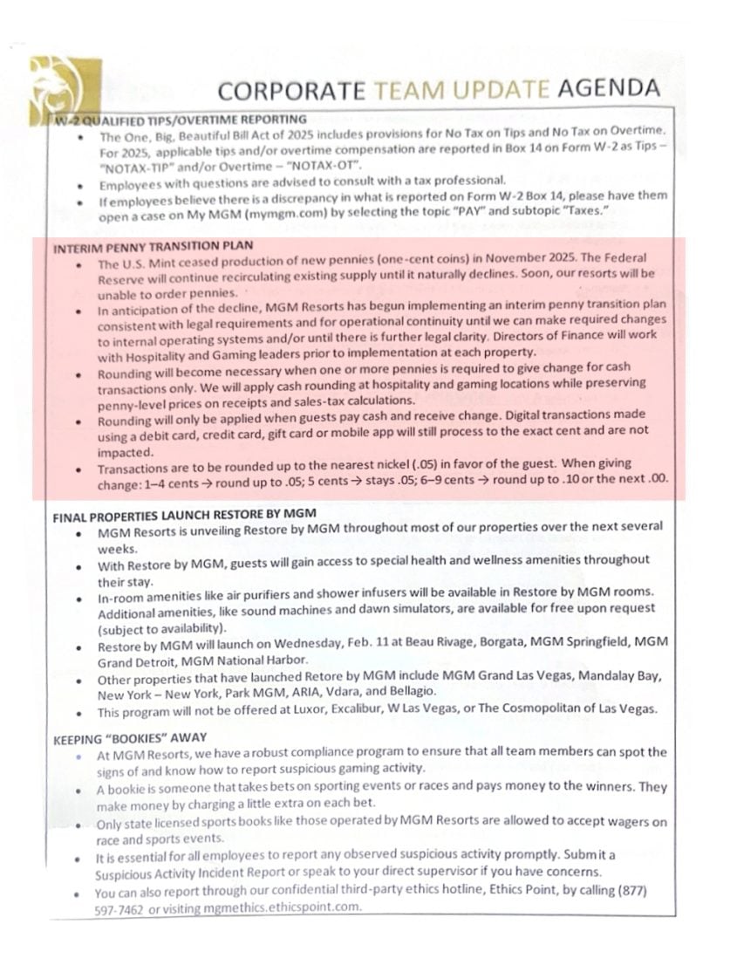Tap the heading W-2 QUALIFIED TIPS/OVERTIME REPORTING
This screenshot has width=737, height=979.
click(x=180, y=120)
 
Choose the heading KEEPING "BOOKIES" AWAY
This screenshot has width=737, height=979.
click(x=130, y=738)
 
